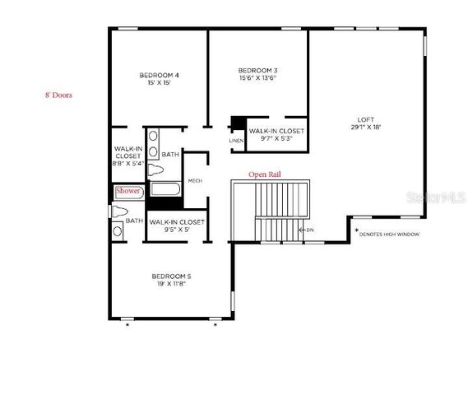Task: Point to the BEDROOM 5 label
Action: coord(171,276)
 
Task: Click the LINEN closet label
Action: coord(236,142)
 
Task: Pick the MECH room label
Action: coord(195,182)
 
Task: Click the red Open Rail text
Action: coord(266,175)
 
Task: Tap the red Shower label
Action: coord(128,191)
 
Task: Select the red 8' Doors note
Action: coord(58,95)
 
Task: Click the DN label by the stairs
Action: coord(309,230)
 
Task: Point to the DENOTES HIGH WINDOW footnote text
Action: coord(390,235)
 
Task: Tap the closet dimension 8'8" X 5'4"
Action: coord(128,163)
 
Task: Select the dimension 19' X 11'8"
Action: coord(171,285)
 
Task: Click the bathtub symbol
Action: coord(164,191)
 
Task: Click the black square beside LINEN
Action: coord(237,124)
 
